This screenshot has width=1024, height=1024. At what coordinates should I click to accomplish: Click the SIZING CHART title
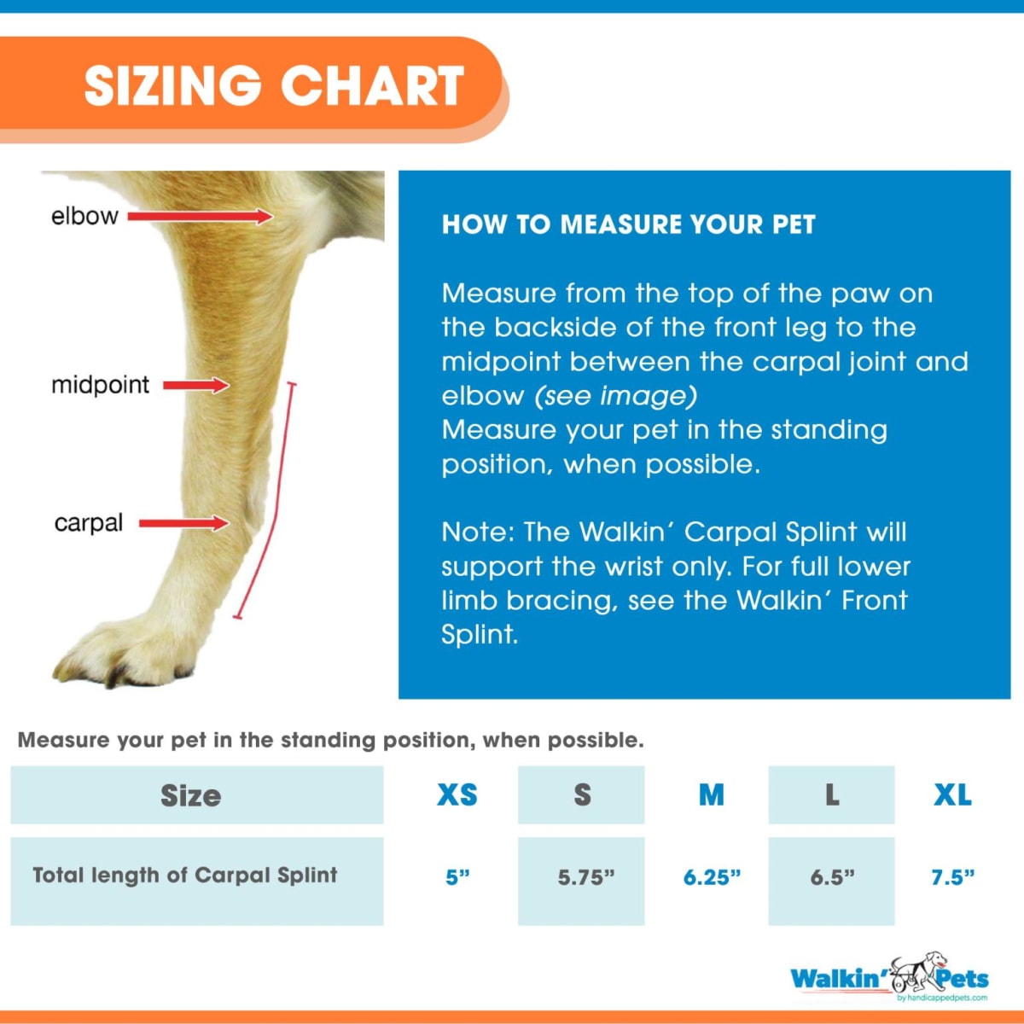[274, 85]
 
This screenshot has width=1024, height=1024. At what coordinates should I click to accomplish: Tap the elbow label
[84, 216]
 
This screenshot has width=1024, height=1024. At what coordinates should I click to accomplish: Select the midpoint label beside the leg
[100, 385]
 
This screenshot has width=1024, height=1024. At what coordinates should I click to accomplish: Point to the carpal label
[88, 522]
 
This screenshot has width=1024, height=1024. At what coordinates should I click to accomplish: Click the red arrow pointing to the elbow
[201, 217]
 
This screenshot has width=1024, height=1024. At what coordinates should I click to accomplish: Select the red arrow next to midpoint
[196, 386]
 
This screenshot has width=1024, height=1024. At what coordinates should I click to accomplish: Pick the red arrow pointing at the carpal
[184, 523]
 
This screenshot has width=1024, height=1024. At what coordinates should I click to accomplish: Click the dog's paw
[128, 649]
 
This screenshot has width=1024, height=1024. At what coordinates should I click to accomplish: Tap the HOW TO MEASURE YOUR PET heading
[629, 224]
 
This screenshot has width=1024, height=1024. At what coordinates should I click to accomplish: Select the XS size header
[457, 794]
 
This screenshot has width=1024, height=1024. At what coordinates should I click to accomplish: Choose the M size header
[712, 794]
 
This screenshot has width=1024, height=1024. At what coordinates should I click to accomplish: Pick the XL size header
[952, 794]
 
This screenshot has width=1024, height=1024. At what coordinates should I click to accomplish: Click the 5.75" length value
[586, 877]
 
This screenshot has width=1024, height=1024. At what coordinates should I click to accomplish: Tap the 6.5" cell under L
[832, 877]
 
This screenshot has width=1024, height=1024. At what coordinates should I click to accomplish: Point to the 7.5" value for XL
[952, 877]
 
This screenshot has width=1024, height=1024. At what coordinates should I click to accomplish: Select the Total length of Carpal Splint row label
[185, 876]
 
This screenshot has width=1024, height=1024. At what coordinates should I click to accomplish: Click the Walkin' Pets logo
[889, 978]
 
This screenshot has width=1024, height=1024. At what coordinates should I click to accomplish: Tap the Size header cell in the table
[191, 795]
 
